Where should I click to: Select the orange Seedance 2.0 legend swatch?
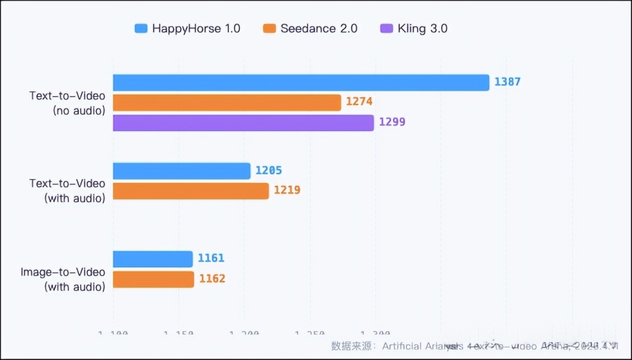(269, 28)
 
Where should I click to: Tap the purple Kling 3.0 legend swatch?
(386, 28)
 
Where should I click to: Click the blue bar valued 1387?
(301, 82)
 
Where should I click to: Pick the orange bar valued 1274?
(226, 103)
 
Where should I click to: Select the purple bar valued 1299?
(243, 122)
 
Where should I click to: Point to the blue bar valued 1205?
(182, 170)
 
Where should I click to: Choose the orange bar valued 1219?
(191, 191)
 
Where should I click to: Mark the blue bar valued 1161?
(153, 259)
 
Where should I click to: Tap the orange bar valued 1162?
(153, 279)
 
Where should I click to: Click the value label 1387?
(508, 82)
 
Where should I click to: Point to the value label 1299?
(392, 122)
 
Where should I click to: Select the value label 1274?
(359, 103)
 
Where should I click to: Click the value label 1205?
(269, 170)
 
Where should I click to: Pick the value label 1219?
(287, 191)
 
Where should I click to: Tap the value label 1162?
(212, 279)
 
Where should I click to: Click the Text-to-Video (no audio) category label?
(67, 103)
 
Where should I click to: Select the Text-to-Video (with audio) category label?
(67, 190)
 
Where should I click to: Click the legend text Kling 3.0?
(423, 28)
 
